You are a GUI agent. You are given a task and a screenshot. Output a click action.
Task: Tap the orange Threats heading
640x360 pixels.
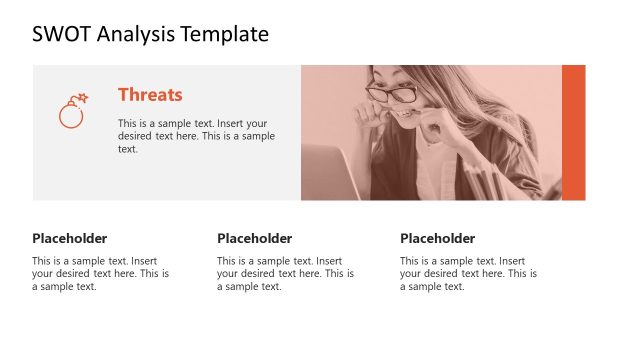tap(150, 95)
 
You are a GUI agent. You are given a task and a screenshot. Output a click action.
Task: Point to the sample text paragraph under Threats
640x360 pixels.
tap(196, 135)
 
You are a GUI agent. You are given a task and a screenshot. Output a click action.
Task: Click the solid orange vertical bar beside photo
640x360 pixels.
tap(573, 132)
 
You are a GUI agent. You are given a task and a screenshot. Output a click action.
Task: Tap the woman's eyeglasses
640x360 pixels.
tap(393, 94)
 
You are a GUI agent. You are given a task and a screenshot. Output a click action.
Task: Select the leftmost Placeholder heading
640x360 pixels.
tap(69, 238)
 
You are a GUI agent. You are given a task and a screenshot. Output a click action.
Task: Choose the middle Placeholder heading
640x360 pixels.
tap(254, 238)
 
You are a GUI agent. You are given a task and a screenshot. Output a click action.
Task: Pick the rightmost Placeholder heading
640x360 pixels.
tap(437, 238)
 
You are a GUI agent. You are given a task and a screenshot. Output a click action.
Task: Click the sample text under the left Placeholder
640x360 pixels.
tap(100, 273)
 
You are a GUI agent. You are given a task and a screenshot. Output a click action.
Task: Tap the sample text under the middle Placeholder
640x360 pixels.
tap(285, 273)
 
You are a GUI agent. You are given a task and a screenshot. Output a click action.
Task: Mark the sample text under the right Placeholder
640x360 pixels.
tap(468, 273)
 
